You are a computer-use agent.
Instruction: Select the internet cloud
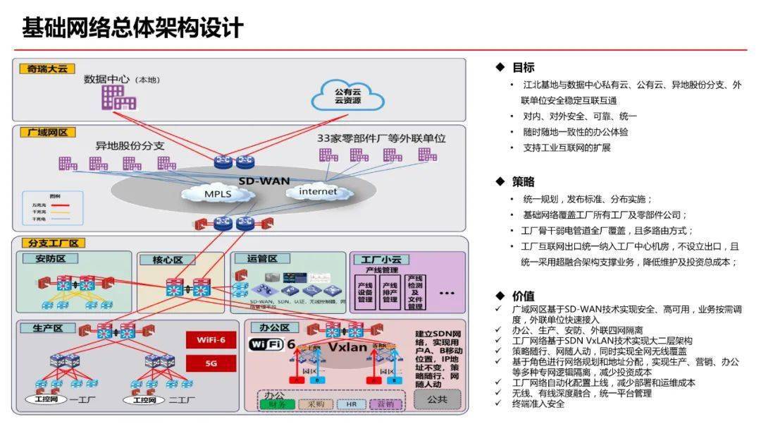(x=318, y=191)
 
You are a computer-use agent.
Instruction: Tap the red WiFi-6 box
(x=211, y=340)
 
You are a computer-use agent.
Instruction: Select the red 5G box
(x=211, y=363)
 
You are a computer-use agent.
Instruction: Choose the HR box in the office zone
(x=350, y=404)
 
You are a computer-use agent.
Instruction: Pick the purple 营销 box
(x=385, y=404)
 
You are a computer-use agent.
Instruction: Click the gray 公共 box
(x=436, y=399)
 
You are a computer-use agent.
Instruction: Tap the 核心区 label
(x=159, y=260)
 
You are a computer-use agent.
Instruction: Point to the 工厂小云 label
(x=380, y=260)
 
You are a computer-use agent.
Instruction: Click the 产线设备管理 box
(x=364, y=290)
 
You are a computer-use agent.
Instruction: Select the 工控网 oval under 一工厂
(x=45, y=399)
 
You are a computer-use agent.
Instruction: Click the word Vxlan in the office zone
(x=348, y=347)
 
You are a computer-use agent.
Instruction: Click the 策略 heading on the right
(x=523, y=181)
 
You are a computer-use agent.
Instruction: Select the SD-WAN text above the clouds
(x=264, y=181)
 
